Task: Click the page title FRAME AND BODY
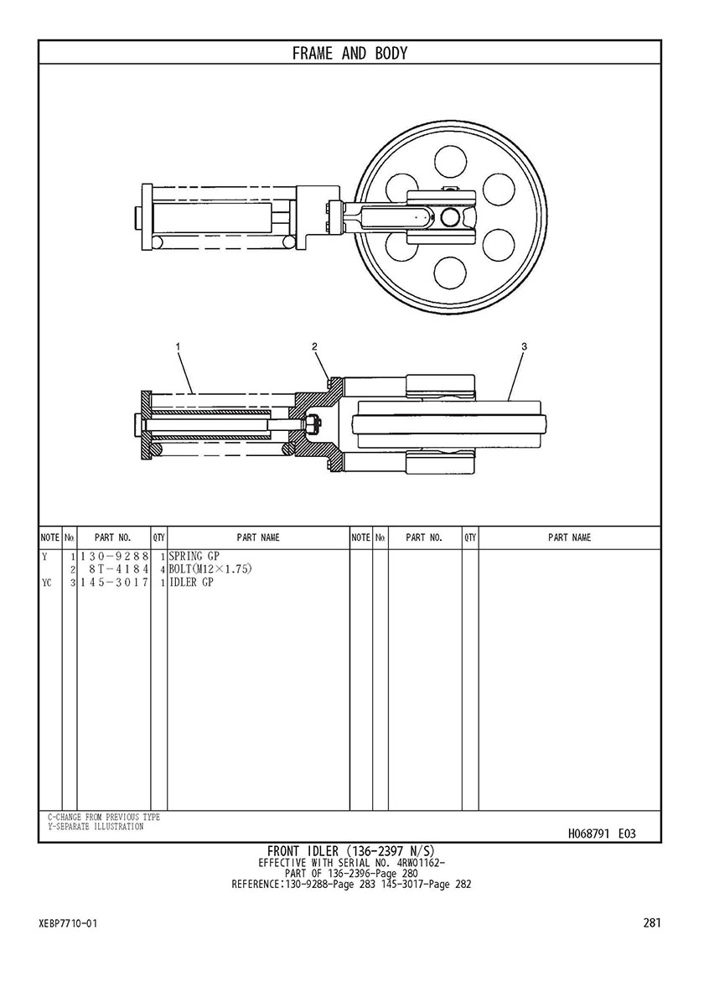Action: pos(349,54)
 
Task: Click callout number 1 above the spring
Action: pos(178,346)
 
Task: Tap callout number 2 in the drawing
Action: pos(314,346)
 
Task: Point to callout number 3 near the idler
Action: pos(524,346)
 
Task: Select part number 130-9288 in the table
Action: pos(114,557)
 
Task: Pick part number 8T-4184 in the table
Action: pos(119,569)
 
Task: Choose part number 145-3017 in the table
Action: pos(114,583)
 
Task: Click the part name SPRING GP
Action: pos(194,557)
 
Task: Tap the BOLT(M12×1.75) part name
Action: pos(210,569)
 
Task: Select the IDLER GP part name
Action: pos(191,583)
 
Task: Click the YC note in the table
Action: pos(46,583)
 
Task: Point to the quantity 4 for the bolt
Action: pos(163,569)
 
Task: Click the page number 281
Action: pos(652,922)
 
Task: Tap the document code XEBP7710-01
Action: pos(68,923)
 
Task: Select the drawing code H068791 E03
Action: pos(602,833)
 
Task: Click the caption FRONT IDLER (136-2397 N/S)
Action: pos(351,851)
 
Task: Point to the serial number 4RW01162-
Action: pos(421,863)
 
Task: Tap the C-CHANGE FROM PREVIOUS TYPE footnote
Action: pos(104,817)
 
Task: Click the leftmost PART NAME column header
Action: pos(258,538)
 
